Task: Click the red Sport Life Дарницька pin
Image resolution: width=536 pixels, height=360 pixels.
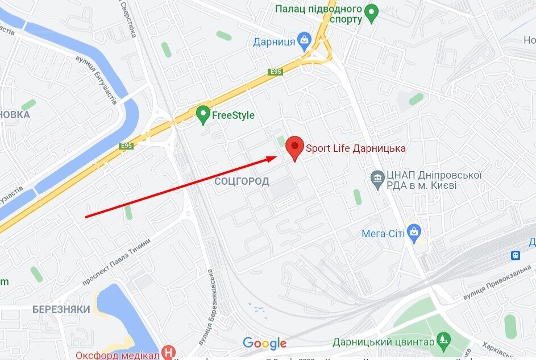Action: click(x=294, y=147)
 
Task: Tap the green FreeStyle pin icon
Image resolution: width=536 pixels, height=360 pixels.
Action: click(x=203, y=114)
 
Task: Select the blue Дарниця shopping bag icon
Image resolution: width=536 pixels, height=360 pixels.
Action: click(x=305, y=40)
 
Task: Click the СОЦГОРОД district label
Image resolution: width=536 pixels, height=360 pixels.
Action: click(x=242, y=181)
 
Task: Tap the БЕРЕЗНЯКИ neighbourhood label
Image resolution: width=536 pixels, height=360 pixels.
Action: click(x=61, y=309)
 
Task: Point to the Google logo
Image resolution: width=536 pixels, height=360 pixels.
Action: click(x=264, y=343)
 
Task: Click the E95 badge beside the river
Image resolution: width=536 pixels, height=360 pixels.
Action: click(x=126, y=146)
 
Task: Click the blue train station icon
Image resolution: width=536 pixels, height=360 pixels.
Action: click(x=516, y=255)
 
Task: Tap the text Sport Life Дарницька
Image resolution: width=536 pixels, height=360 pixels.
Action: click(x=356, y=148)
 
